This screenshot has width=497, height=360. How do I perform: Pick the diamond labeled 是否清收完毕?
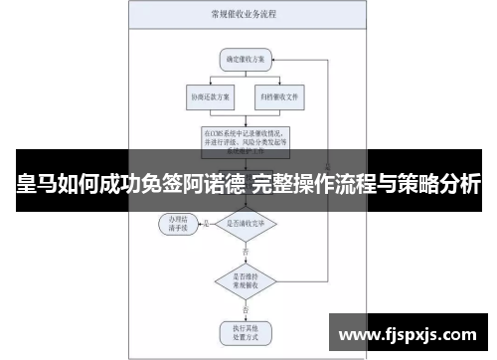point(246,224)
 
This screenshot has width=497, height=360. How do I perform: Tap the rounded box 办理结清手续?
point(179,224)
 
